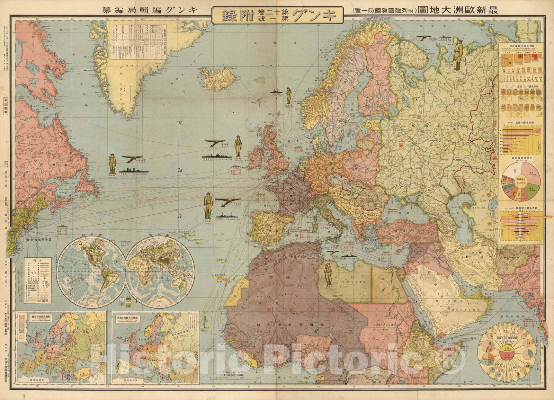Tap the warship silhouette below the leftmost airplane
pyautogui.click(x=133, y=170)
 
